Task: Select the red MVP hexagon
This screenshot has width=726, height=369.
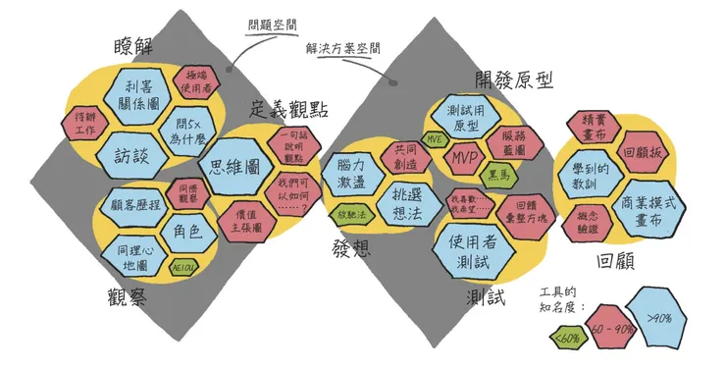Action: (464, 156)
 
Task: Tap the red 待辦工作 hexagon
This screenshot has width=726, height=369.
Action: (84, 123)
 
